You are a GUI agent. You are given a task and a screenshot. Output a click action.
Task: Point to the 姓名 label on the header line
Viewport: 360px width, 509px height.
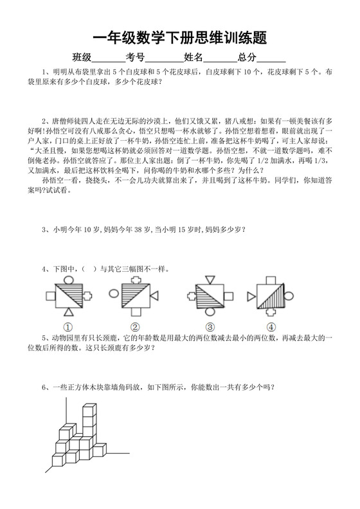click(194, 57)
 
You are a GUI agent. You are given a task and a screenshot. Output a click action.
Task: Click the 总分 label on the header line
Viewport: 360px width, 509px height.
click(248, 57)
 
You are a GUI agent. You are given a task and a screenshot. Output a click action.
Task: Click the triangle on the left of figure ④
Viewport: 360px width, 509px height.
click(250, 296)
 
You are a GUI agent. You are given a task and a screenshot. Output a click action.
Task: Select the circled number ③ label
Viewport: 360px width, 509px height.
click(207, 326)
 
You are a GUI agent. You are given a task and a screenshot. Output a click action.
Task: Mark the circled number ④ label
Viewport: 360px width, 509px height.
click(271, 326)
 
